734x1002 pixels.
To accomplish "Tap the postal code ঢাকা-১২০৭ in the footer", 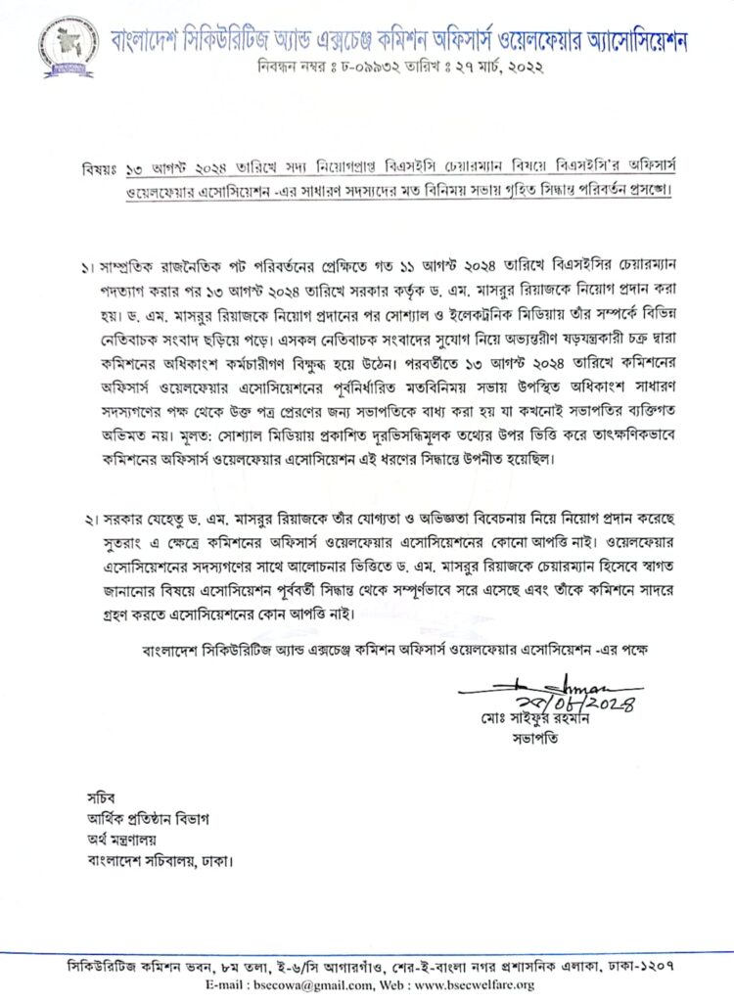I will pyautogui.click(x=655, y=966).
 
